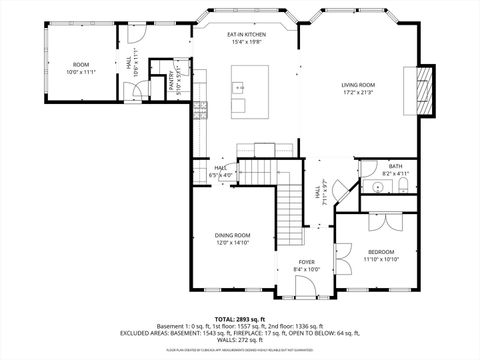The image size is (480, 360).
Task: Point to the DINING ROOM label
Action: click(231, 235)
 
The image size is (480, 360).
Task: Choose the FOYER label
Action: click(306, 262)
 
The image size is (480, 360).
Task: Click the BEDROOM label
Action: click(380, 252)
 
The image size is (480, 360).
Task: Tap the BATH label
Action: click(395, 166)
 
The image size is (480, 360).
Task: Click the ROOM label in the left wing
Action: click(80, 65)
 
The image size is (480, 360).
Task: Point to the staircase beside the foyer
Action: click(289, 210)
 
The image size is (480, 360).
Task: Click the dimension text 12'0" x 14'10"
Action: click(231, 243)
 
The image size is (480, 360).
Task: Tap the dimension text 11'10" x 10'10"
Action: click(380, 260)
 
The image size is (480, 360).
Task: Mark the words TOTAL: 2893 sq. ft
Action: click(240, 318)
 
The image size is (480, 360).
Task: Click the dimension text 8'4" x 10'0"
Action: click(306, 269)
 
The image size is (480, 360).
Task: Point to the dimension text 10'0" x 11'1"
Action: click(80, 72)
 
